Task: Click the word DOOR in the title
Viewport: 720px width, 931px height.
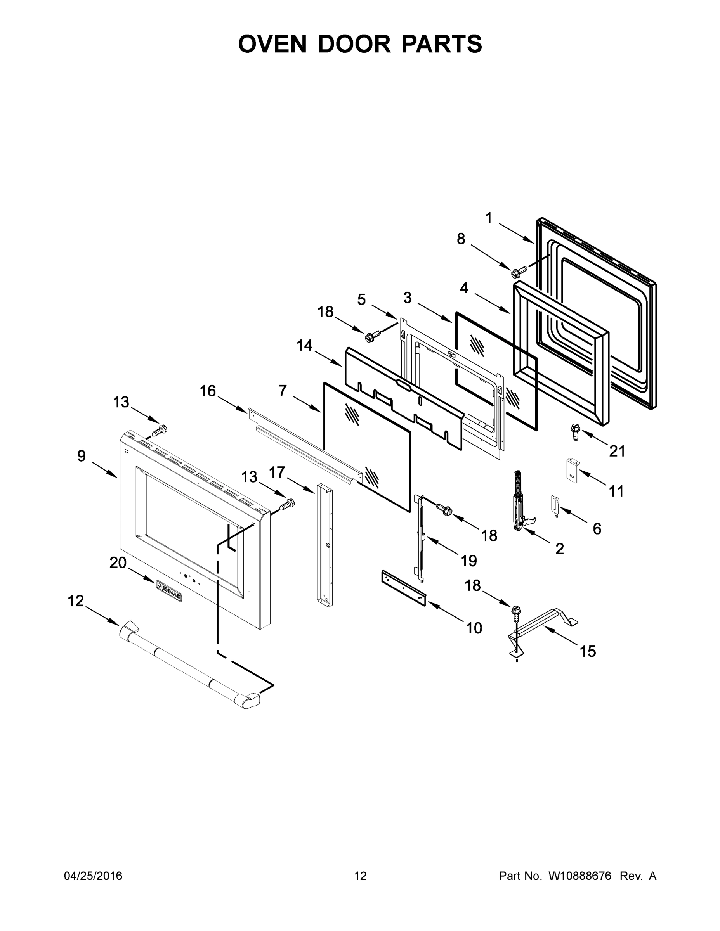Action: coord(354,44)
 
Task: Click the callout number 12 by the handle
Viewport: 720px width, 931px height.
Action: coord(76,601)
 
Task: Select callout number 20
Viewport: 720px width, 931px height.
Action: coord(118,563)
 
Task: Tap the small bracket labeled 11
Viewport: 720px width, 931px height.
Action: coord(572,470)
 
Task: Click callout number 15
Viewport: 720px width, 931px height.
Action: coord(587,651)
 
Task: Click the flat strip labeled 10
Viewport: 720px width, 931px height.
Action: coord(403,588)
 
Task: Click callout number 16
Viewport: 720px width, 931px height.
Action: coord(208,391)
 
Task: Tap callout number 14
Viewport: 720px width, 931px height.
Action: coord(305,345)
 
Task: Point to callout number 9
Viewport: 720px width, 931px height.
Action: coord(82,456)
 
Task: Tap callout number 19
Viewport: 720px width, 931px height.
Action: coord(469,561)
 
